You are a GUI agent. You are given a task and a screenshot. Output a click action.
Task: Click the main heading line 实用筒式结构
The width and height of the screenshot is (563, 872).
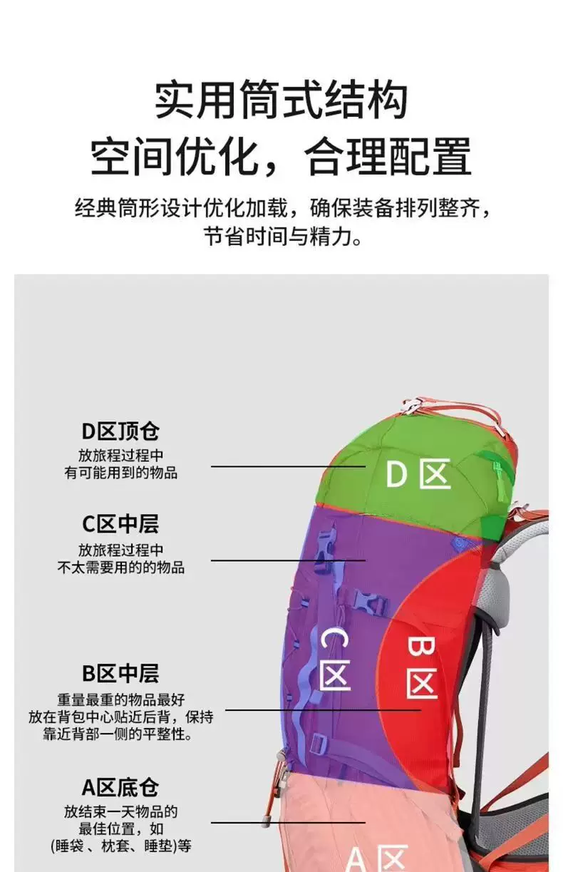pyautogui.click(x=281, y=100)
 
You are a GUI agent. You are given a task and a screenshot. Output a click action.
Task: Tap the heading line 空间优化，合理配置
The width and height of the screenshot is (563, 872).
pyautogui.click(x=281, y=156)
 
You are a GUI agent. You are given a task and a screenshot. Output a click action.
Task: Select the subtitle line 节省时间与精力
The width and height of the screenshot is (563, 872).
pyautogui.click(x=283, y=236)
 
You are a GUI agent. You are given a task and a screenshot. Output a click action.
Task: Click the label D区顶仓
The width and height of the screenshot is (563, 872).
pyautogui.click(x=120, y=431)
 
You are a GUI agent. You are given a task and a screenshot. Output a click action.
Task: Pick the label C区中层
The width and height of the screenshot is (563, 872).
pyautogui.click(x=120, y=524)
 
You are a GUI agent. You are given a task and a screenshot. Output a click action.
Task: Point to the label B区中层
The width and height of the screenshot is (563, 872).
pyautogui.click(x=120, y=674)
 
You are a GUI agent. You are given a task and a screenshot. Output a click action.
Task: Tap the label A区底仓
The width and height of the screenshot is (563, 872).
pyautogui.click(x=120, y=787)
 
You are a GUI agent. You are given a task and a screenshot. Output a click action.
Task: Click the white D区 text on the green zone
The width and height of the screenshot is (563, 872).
pyautogui.click(x=418, y=473)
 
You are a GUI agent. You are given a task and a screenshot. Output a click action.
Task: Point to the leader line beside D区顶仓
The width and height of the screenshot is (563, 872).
pyautogui.click(x=289, y=466)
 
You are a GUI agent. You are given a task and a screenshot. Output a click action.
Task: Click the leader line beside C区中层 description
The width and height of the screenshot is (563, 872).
pyautogui.click(x=289, y=560)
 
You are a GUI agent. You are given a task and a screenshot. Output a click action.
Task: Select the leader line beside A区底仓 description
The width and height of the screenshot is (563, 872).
pyautogui.click(x=289, y=823)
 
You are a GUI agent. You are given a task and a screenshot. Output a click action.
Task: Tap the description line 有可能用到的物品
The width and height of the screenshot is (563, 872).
pyautogui.click(x=121, y=473)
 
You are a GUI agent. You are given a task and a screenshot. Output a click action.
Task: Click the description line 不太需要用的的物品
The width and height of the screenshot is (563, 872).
pyautogui.click(x=121, y=568)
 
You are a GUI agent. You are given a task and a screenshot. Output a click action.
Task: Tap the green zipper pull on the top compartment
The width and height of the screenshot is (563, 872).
pyautogui.click(x=497, y=473)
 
